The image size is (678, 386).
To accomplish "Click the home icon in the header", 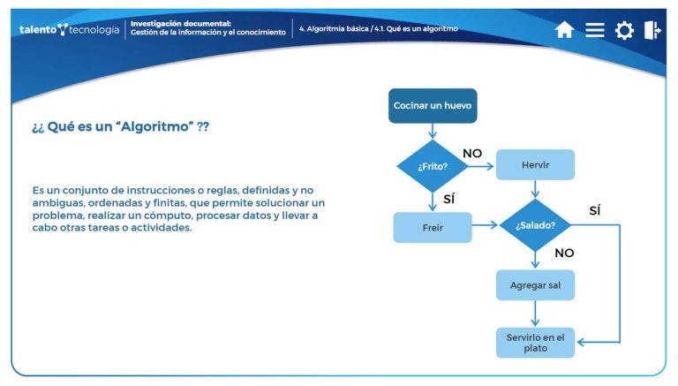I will click(564, 30).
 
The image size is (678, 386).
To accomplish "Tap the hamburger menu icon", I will click(595, 30).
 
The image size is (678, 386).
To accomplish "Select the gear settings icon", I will click(624, 31).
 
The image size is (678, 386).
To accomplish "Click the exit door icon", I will click(653, 30).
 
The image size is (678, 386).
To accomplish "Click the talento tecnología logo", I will click(69, 29).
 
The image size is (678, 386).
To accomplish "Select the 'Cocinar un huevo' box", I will click(433, 106).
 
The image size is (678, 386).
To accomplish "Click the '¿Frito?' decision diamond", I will click(433, 165).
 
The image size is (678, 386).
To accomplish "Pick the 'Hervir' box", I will click(535, 165).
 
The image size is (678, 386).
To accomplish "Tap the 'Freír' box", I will click(433, 227).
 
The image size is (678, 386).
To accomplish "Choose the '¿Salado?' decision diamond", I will click(535, 225).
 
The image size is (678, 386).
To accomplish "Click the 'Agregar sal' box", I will click(535, 285).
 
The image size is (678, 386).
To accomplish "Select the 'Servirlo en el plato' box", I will click(535, 343).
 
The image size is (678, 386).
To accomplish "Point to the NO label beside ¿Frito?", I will click(472, 153).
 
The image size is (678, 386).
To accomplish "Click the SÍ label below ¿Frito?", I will click(448, 200).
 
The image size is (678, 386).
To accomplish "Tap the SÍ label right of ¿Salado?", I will click(594, 210).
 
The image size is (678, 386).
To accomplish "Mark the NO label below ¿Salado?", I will click(564, 253).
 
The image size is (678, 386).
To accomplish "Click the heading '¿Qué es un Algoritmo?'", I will click(121, 126).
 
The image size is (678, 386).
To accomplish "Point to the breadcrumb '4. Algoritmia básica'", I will click(334, 29).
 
